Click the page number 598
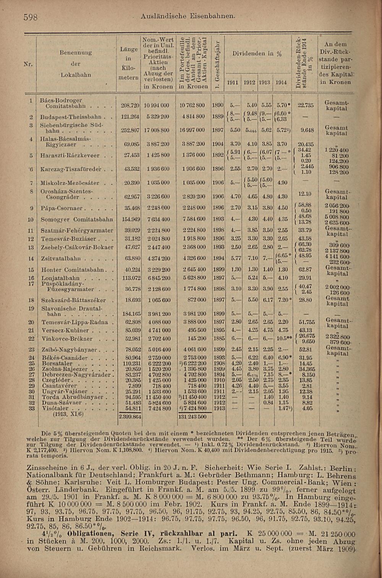point(30,17)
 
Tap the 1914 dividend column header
point(281,82)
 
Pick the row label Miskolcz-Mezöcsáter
point(70,183)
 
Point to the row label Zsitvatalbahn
point(61,258)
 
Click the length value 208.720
point(130,105)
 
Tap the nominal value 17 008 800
point(156,130)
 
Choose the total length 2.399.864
point(130,417)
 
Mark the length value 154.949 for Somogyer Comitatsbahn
point(130,219)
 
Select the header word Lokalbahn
point(76,75)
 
